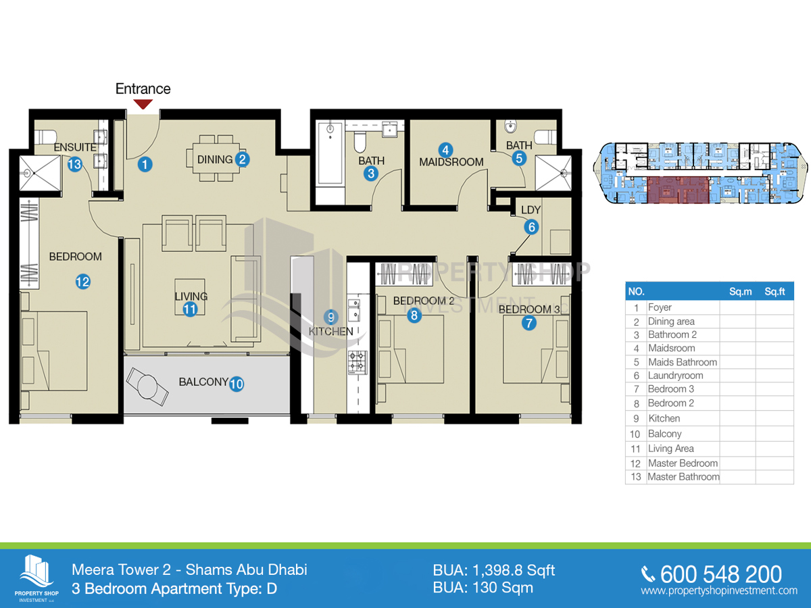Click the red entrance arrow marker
coord(143,104)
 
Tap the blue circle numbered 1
coord(145,164)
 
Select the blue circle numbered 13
coord(74,164)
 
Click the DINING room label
coord(215,159)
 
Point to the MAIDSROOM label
coord(451,161)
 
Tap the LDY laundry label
coord(531,210)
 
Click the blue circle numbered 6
coord(532,227)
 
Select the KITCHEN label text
coord(330,332)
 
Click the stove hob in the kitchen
coord(358,362)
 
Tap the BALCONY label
coord(203,382)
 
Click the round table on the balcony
coord(147,386)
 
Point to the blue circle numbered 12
coord(82,282)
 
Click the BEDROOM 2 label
coord(424,301)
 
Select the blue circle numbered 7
coord(529,324)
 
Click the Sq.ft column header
coord(775,292)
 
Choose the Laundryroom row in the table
coord(710,376)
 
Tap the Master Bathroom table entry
coord(683,477)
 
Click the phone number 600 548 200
coord(721,574)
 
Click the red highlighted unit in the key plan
coord(678,190)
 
